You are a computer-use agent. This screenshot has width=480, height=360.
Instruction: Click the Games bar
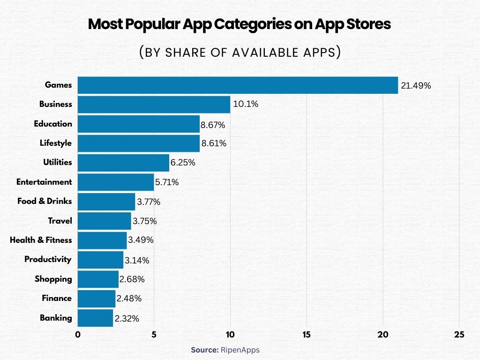pyautogui.click(x=238, y=85)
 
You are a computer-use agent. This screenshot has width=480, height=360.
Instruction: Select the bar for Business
pyautogui.click(x=154, y=105)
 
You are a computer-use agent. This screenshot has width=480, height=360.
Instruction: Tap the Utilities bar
pyautogui.click(x=123, y=163)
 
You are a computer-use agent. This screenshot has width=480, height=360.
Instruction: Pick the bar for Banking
pyautogui.click(x=95, y=318)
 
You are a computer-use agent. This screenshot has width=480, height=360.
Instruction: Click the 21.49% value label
pyautogui.click(x=415, y=86)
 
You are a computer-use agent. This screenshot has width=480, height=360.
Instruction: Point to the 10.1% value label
pyautogui.click(x=245, y=105)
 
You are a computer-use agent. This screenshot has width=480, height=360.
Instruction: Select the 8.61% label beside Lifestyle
pyautogui.click(x=214, y=143)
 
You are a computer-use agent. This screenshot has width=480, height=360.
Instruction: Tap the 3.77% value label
pyautogui.click(x=149, y=202)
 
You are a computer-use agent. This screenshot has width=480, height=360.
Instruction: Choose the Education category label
pyautogui.click(x=53, y=124)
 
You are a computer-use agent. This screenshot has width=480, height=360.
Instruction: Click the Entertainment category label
pyautogui.click(x=44, y=182)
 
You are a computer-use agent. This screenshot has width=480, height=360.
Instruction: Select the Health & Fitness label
pyautogui.click(x=41, y=240)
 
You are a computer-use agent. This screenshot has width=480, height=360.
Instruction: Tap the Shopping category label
pyautogui.click(x=53, y=279)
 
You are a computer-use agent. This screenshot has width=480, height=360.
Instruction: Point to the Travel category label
pyautogui.click(x=60, y=221)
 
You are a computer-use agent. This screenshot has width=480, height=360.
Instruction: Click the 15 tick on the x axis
pyautogui.click(x=307, y=335)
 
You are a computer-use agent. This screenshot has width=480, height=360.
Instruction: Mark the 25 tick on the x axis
pyautogui.click(x=459, y=335)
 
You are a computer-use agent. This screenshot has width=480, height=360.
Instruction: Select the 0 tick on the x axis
pyautogui.click(x=78, y=335)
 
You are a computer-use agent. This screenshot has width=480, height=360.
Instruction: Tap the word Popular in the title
pyautogui.click(x=154, y=24)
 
